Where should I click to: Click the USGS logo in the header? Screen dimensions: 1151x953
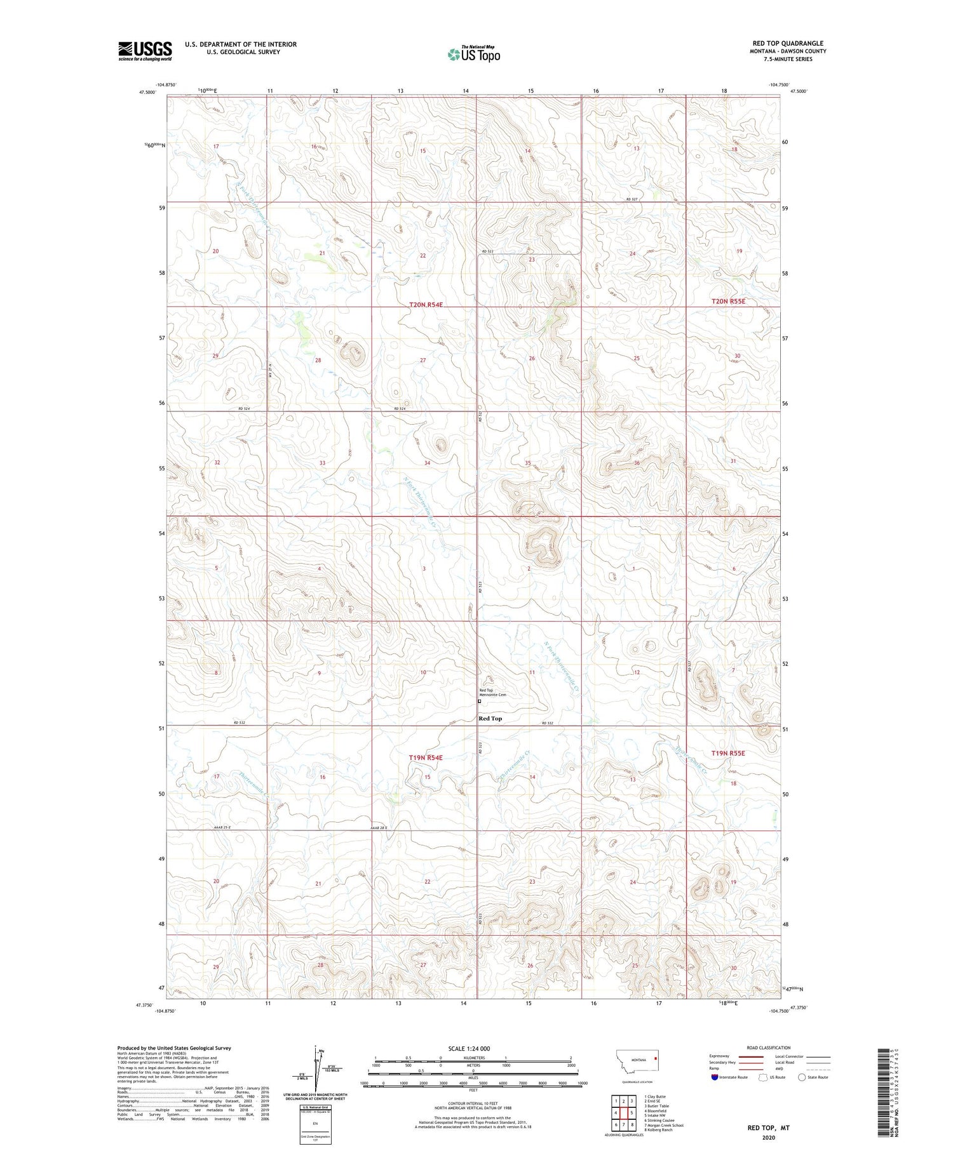(x=145, y=51)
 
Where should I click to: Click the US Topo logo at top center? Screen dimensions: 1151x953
(x=474, y=54)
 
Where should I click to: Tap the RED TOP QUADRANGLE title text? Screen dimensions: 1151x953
(x=787, y=43)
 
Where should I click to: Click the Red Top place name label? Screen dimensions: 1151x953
(x=490, y=719)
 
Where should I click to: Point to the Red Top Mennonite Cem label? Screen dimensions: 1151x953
(x=493, y=693)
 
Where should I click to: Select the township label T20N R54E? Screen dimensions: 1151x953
(x=426, y=305)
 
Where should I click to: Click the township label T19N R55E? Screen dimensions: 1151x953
(x=727, y=753)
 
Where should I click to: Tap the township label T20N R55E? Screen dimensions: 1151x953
(x=728, y=302)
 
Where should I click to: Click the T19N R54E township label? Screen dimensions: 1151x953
(x=425, y=758)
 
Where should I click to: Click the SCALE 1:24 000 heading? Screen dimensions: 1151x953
(x=473, y=1048)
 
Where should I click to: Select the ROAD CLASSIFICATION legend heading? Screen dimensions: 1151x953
(x=768, y=1048)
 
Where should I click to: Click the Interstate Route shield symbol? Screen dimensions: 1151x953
(x=715, y=1077)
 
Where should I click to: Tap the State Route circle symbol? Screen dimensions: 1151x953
(x=802, y=1077)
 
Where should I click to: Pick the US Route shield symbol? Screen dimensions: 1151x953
(x=763, y=1077)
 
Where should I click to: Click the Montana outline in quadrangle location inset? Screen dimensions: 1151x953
(x=636, y=1061)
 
